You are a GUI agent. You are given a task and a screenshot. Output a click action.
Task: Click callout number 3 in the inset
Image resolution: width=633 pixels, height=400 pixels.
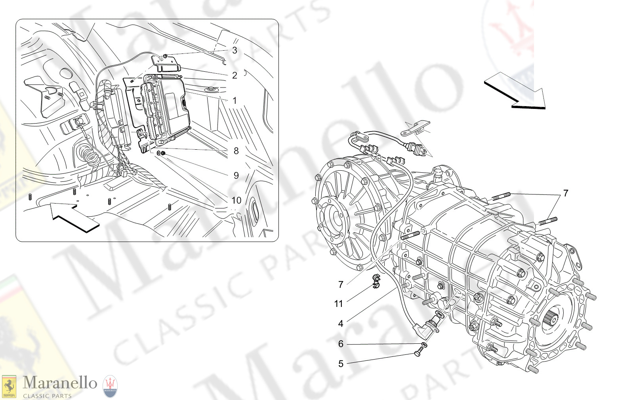(235, 50)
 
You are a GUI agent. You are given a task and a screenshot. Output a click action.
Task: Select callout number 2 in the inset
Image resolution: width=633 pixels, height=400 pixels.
(235, 75)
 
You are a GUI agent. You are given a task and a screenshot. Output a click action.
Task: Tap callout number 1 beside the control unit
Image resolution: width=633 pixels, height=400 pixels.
(235, 101)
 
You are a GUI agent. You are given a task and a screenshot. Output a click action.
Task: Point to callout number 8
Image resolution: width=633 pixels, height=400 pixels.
(236, 151)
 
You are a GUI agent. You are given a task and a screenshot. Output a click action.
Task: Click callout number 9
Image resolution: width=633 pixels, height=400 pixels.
(236, 175)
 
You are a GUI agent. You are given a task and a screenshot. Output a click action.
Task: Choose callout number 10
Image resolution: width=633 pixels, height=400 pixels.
(236, 200)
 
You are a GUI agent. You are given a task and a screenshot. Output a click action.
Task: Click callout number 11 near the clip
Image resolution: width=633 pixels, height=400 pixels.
(338, 304)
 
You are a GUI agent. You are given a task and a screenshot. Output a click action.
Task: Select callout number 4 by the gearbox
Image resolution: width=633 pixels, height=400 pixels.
(341, 324)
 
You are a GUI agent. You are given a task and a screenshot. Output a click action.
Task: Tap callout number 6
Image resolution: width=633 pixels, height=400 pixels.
(341, 344)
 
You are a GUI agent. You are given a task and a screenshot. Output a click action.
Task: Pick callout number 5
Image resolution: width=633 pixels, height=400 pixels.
(341, 364)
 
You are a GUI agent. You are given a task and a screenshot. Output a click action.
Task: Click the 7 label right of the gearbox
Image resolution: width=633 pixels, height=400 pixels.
(566, 193)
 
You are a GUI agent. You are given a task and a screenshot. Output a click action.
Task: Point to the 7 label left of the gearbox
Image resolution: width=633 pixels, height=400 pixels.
(341, 285)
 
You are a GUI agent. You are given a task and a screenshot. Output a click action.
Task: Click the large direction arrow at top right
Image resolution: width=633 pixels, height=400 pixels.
(515, 91)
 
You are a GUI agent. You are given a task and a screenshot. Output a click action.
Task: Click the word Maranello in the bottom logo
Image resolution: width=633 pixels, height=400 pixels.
(60, 383)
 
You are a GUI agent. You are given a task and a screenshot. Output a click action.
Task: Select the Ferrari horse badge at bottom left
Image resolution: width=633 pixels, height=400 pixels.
(9, 386)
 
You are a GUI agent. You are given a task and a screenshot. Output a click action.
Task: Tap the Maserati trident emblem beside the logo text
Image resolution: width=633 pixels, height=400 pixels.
(110, 387)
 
